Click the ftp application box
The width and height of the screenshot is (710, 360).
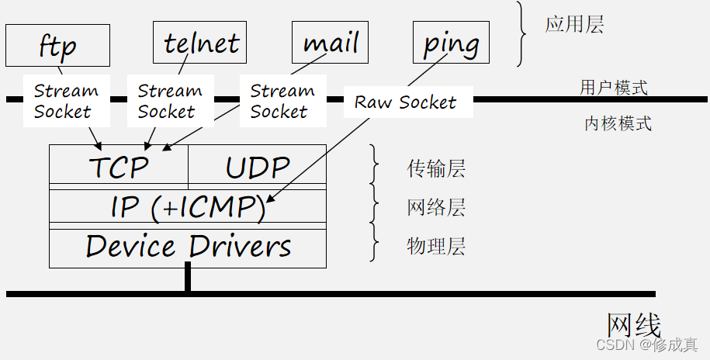pos(58,44)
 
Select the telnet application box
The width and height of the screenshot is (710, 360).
pos(200,42)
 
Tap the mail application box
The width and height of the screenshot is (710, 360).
pos(330,42)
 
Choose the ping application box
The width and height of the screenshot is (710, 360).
pos(451,42)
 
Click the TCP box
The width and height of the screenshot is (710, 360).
pos(119,166)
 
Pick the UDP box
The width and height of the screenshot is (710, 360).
pos(257,166)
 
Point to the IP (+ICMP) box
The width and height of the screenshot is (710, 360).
pos(188,207)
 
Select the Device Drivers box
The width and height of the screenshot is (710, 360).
pos(188,247)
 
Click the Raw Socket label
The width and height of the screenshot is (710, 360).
pos(405,102)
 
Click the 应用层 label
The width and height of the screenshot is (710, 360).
pos(573,24)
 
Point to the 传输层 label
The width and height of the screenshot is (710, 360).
pos(436,168)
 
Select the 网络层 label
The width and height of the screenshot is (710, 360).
pos(436,208)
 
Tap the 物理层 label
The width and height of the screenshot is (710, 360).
pos(436,247)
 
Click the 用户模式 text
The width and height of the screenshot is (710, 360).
pos(614,87)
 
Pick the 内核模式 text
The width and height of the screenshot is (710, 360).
pos(618,123)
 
